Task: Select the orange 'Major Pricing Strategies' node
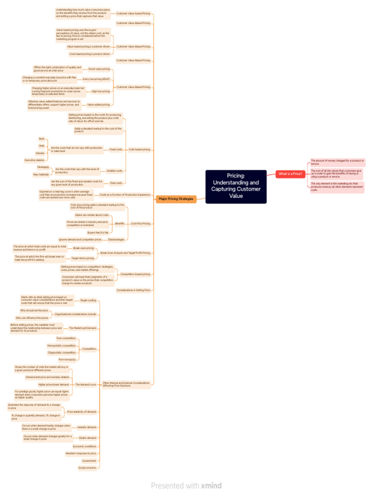[x=176, y=198]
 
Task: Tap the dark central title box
[x=236, y=186]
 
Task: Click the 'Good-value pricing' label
[x=99, y=69]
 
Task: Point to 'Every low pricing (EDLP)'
[x=96, y=79]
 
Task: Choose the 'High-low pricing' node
[x=101, y=91]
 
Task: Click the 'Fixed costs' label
[x=116, y=149]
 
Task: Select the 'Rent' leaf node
[x=42, y=139]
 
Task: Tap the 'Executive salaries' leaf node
[x=34, y=160]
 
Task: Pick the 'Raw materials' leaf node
[x=41, y=174]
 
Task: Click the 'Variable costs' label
[x=114, y=171]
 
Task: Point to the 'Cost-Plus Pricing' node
[x=140, y=223]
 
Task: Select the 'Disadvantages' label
[x=116, y=239]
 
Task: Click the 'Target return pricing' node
[x=83, y=258]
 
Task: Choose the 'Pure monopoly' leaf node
[x=67, y=359]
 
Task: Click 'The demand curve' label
[x=85, y=384]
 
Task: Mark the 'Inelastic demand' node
[x=86, y=427]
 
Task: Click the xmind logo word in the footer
[x=211, y=485]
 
